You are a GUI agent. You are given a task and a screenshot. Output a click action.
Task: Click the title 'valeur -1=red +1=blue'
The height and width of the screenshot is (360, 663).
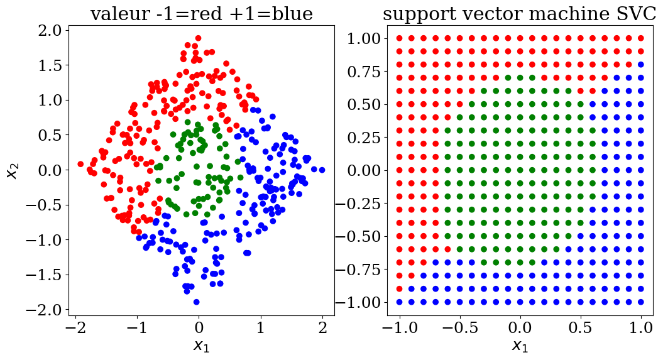coord(201,14)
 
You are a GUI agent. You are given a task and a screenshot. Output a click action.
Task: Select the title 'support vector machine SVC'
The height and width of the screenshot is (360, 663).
coord(519,14)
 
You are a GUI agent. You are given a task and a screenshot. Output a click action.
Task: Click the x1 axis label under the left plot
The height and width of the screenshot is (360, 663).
coord(201,345)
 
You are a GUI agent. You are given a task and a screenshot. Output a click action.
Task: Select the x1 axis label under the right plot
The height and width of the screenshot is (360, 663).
coord(519,345)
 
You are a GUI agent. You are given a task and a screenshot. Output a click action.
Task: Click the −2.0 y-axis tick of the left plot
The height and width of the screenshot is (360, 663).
coord(44,310)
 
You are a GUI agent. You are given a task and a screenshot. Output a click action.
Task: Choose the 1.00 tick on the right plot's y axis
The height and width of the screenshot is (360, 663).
coord(362,38)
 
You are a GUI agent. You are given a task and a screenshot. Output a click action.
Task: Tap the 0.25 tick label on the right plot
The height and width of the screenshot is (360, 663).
coord(362,138)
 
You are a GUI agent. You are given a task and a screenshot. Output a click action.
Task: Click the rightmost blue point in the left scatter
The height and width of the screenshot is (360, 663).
coord(322,170)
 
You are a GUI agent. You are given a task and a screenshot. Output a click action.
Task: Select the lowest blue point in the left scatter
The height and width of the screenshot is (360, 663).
coord(197,302)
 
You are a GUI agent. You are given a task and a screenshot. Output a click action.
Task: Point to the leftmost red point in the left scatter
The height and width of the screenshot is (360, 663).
coord(80,164)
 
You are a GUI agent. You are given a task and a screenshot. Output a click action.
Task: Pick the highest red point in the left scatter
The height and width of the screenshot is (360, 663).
coord(198,38)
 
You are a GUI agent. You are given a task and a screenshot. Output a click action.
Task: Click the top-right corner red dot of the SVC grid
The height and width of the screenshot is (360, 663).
coord(641,38)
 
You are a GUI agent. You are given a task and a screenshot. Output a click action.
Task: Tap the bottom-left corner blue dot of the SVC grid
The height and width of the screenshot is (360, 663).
coord(399,302)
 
